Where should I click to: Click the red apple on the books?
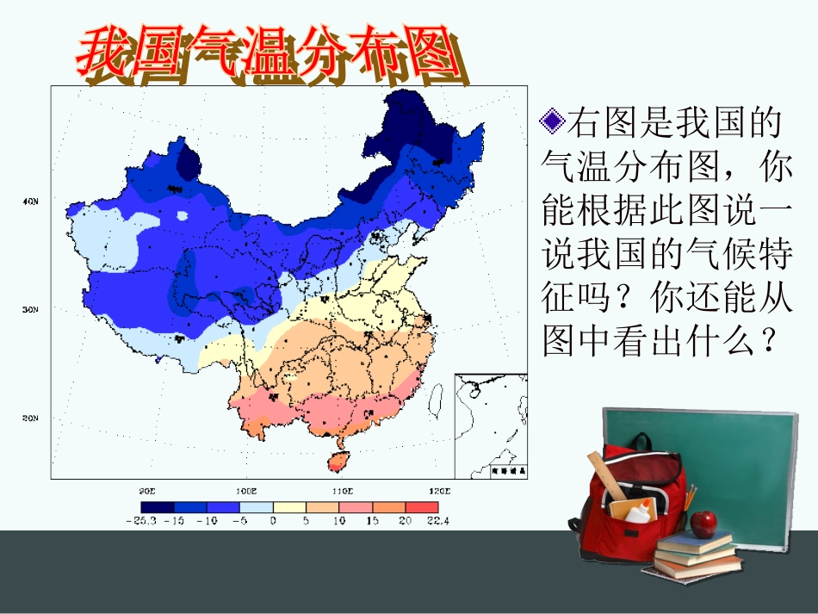coord(705,522)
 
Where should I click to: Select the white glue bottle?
coord(639,511)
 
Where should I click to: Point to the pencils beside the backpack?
coord(690,498)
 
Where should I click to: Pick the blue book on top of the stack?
coord(697,543)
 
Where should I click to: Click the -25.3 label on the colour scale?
coord(139,521)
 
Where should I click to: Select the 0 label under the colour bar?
coord(272,521)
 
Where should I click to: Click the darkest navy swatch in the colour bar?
coord(158,508)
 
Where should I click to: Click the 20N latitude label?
coord(31,419)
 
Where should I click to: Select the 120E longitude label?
coord(441,490)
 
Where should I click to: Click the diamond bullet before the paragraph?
coord(552,121)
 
